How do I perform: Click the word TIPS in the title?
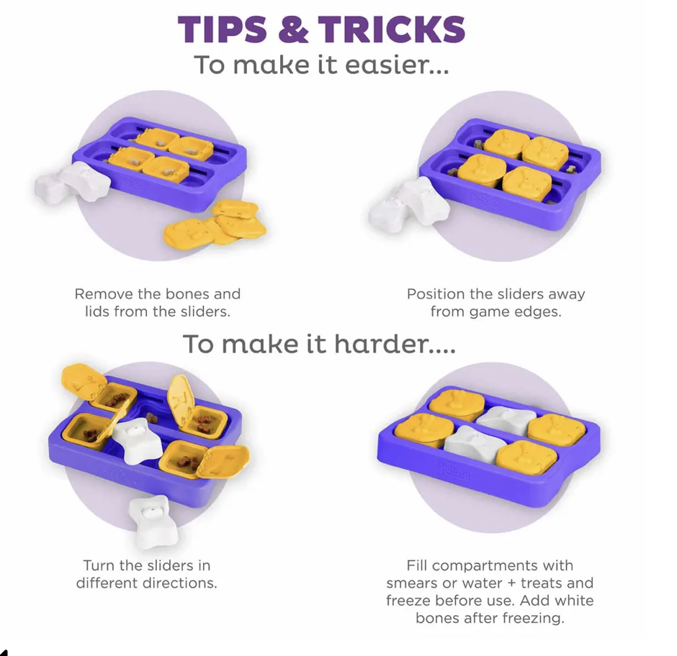(223, 29)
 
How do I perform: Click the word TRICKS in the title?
(392, 29)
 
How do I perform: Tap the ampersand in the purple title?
(293, 29)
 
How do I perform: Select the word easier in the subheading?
(398, 65)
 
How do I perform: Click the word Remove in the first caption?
(104, 293)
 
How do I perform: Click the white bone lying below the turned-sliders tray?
(153, 522)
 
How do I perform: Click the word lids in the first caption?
(97, 311)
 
